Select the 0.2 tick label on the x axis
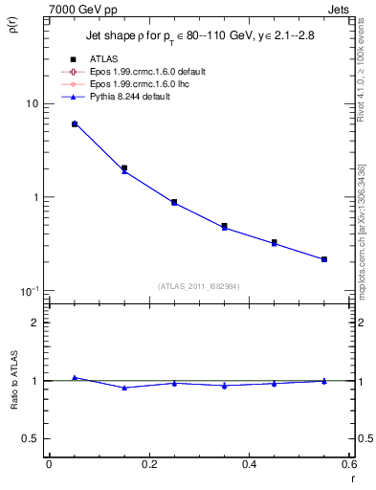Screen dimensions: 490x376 click(148, 463)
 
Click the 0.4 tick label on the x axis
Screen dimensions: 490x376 click(249, 463)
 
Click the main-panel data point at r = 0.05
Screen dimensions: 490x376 click(75, 124)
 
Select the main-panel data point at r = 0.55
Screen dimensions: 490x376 click(324, 259)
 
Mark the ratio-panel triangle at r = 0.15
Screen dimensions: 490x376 click(124, 388)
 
